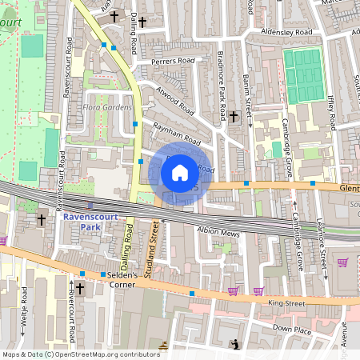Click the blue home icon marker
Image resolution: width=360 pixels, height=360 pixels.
point(180,172)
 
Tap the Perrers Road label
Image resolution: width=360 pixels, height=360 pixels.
point(175,60)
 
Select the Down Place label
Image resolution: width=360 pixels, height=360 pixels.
point(291,328)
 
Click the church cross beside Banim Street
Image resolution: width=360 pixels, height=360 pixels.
point(234,117)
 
